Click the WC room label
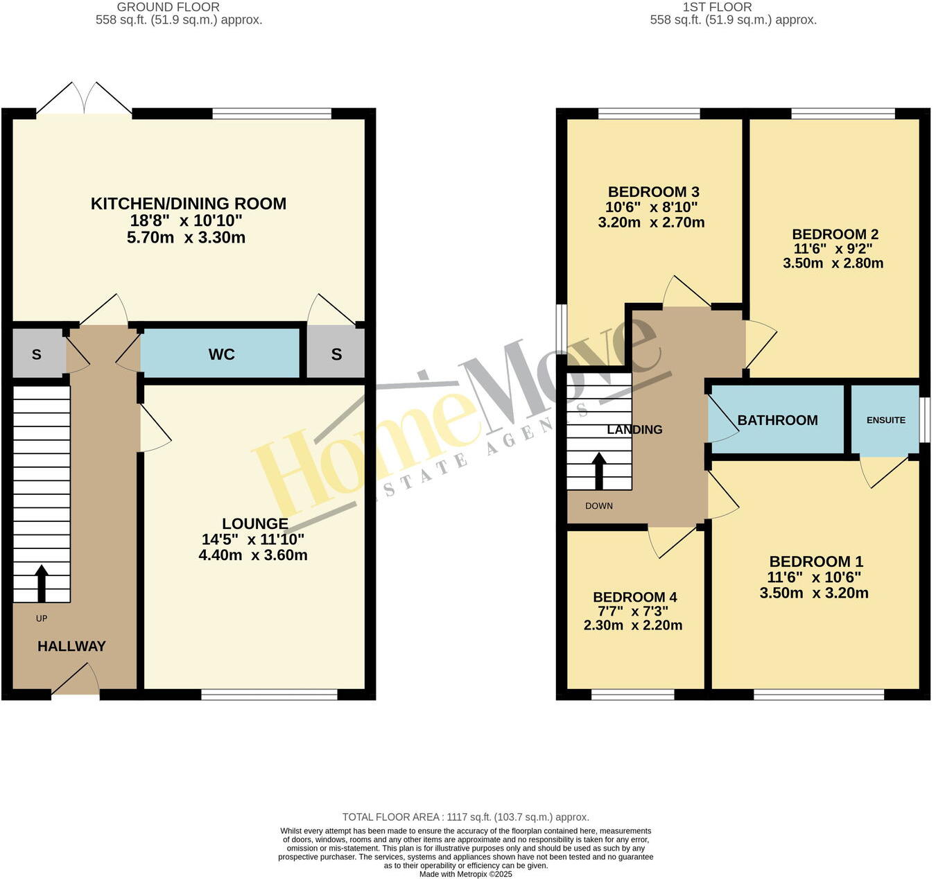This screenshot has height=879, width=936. [x=221, y=354]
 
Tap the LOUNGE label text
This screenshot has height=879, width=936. [x=254, y=524]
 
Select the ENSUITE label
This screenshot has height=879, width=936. [x=885, y=420]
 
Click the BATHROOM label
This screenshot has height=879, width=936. [x=777, y=420]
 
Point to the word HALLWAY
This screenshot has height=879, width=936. [x=71, y=646]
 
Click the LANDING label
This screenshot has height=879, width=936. [x=634, y=430]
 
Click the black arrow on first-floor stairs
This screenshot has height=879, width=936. [x=599, y=471]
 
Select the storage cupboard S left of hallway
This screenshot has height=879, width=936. [x=37, y=354]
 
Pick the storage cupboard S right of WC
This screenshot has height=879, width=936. [x=336, y=354]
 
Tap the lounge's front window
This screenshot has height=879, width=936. [x=269, y=694]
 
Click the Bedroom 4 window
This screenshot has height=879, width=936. [x=632, y=694]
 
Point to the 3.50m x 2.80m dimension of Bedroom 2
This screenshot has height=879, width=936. [x=833, y=263]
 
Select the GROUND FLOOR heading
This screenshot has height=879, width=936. [x=168, y=7]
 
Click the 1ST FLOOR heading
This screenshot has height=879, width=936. [x=717, y=7]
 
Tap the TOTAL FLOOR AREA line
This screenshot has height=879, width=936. [x=465, y=817]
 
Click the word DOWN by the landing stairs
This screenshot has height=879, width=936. [x=599, y=506]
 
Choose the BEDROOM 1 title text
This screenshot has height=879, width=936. [x=815, y=562]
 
